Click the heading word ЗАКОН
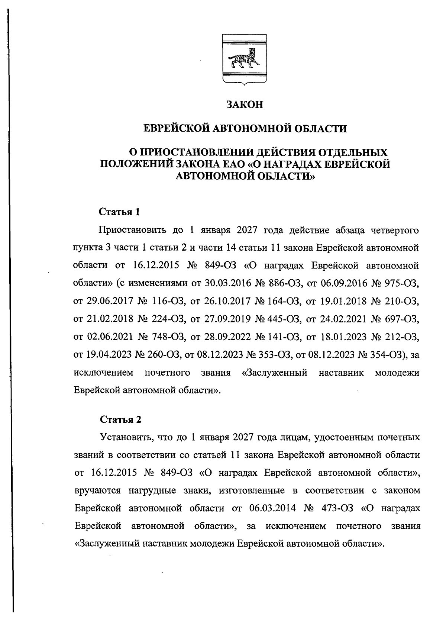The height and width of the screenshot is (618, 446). click(245, 105)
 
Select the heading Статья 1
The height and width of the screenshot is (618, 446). click(119, 212)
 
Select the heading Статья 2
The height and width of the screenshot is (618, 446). click(121, 420)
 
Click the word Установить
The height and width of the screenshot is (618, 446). click(126, 437)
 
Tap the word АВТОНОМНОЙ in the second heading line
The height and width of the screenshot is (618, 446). click(246, 129)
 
